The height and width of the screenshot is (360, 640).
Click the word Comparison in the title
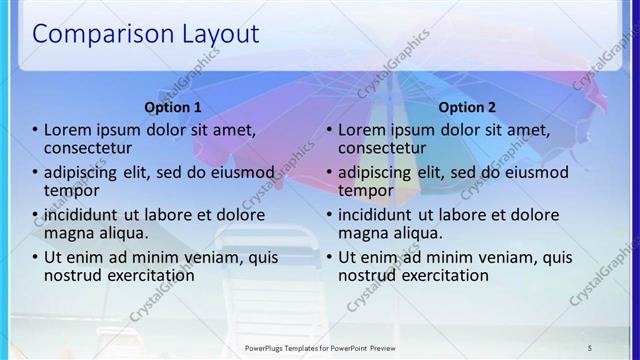[x=95, y=35]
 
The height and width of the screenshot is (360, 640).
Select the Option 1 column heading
[x=173, y=107]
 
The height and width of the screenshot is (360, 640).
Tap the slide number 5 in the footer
[x=589, y=346]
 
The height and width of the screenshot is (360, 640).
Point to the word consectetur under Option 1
[x=88, y=147]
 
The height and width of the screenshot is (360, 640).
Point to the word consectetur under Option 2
[x=382, y=147]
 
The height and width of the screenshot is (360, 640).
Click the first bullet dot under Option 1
[x=36, y=129]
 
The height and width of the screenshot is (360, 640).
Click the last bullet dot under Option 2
[x=330, y=257]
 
